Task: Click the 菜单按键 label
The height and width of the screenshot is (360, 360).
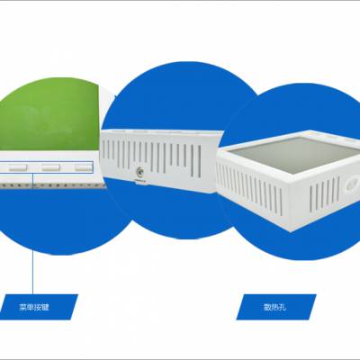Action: pos(34,307)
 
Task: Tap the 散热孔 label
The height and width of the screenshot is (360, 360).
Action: pos(274,307)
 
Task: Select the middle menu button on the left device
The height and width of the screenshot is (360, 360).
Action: pos(51,167)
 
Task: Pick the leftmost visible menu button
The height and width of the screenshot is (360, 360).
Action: pos(18,167)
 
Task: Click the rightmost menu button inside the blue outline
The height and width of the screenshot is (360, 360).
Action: pos(84,167)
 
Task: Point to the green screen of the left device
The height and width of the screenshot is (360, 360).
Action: pos(49,114)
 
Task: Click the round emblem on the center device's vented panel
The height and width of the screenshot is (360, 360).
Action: pos(139,172)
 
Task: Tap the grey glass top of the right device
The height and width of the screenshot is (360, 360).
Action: pos(294,153)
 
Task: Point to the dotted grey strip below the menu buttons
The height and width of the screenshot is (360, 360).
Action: pos(52,186)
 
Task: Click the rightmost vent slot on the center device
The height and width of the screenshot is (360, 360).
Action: pos(199,161)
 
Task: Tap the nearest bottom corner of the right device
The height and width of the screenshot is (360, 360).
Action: pos(290,231)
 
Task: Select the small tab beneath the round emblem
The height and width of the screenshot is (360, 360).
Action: pos(139,181)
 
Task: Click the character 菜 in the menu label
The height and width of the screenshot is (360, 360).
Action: pos(22,307)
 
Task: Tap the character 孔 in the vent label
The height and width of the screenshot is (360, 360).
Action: pos(283,307)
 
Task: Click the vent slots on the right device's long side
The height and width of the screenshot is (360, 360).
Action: pos(249,191)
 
